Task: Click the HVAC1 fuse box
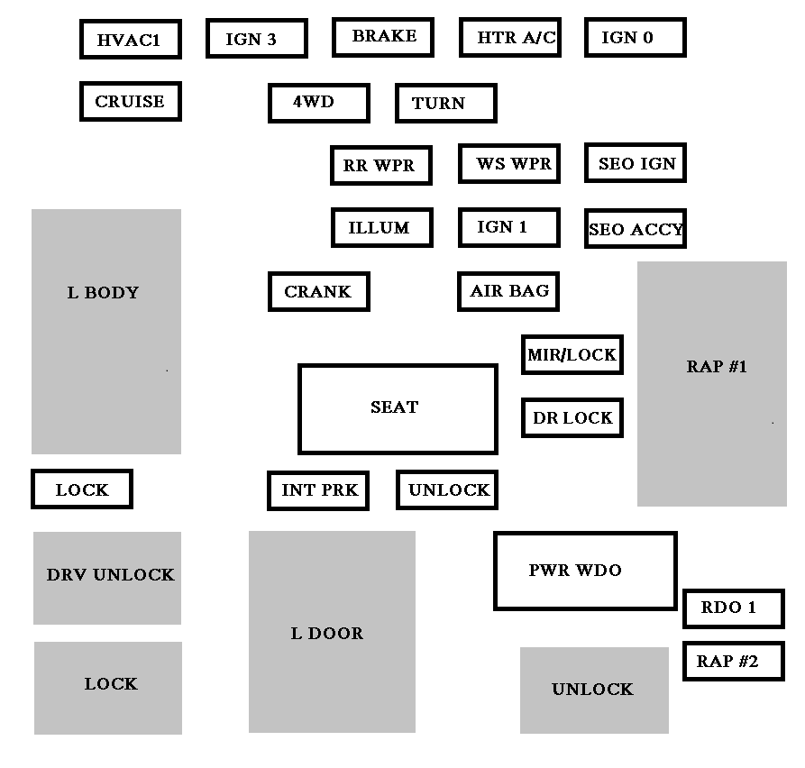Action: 131,40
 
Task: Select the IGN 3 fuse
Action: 256,39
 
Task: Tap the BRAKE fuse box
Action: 383,37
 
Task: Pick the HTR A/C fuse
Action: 509,38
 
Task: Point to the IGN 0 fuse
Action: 635,38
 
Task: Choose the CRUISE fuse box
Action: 131,102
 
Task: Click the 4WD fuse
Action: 318,103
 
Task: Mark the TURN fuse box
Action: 445,104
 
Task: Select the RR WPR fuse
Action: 380,166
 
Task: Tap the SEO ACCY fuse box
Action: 636,229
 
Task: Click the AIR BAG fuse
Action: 509,292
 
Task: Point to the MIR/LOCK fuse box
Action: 572,355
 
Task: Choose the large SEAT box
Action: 398,408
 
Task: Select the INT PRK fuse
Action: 318,490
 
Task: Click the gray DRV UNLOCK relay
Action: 107,578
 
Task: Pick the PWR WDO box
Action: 584,571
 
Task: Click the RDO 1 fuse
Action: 733,608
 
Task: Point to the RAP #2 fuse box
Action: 733,662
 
